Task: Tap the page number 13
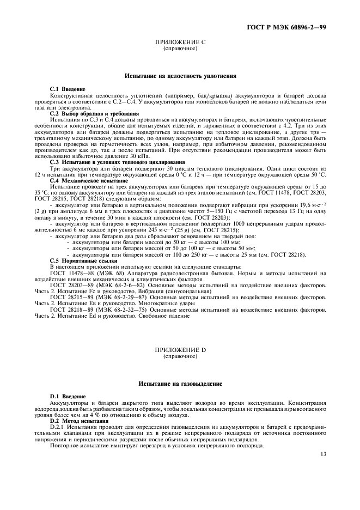tap(323, 453)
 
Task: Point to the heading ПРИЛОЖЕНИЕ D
tap(180, 350)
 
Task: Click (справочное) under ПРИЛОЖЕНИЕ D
tap(180, 356)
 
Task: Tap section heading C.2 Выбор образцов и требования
tap(87, 113)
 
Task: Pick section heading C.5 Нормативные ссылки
tap(77, 261)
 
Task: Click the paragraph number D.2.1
tap(57, 427)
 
